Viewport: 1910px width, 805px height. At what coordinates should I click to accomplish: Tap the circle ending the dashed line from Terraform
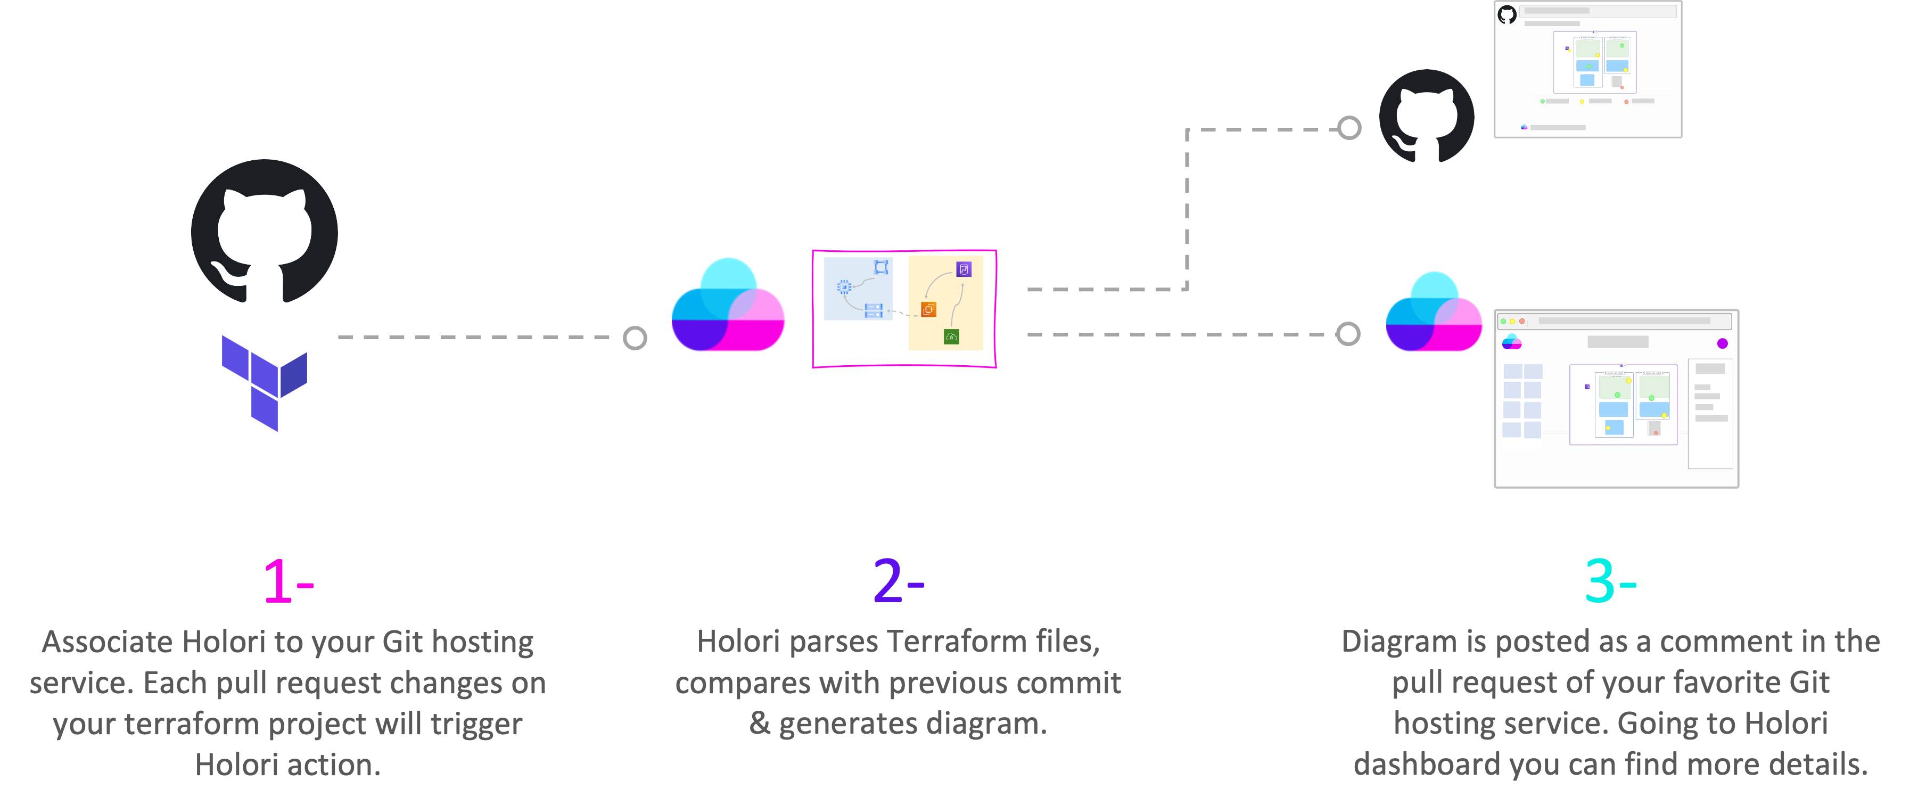click(635, 338)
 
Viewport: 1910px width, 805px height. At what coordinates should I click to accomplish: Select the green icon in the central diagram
click(951, 336)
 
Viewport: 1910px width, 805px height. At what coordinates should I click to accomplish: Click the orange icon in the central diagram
click(928, 309)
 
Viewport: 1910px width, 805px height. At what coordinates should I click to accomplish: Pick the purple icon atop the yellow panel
click(964, 269)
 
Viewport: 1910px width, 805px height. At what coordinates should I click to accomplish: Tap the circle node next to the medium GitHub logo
click(1349, 128)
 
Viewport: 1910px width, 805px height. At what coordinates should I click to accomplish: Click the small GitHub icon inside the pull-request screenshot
click(1506, 14)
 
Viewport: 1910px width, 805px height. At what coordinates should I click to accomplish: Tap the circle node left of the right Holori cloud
click(1348, 334)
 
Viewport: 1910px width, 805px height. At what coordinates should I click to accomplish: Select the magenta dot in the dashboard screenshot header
click(1723, 343)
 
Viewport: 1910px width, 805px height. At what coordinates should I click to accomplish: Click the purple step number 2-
click(898, 581)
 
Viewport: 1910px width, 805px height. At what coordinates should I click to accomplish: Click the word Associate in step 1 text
click(107, 642)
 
